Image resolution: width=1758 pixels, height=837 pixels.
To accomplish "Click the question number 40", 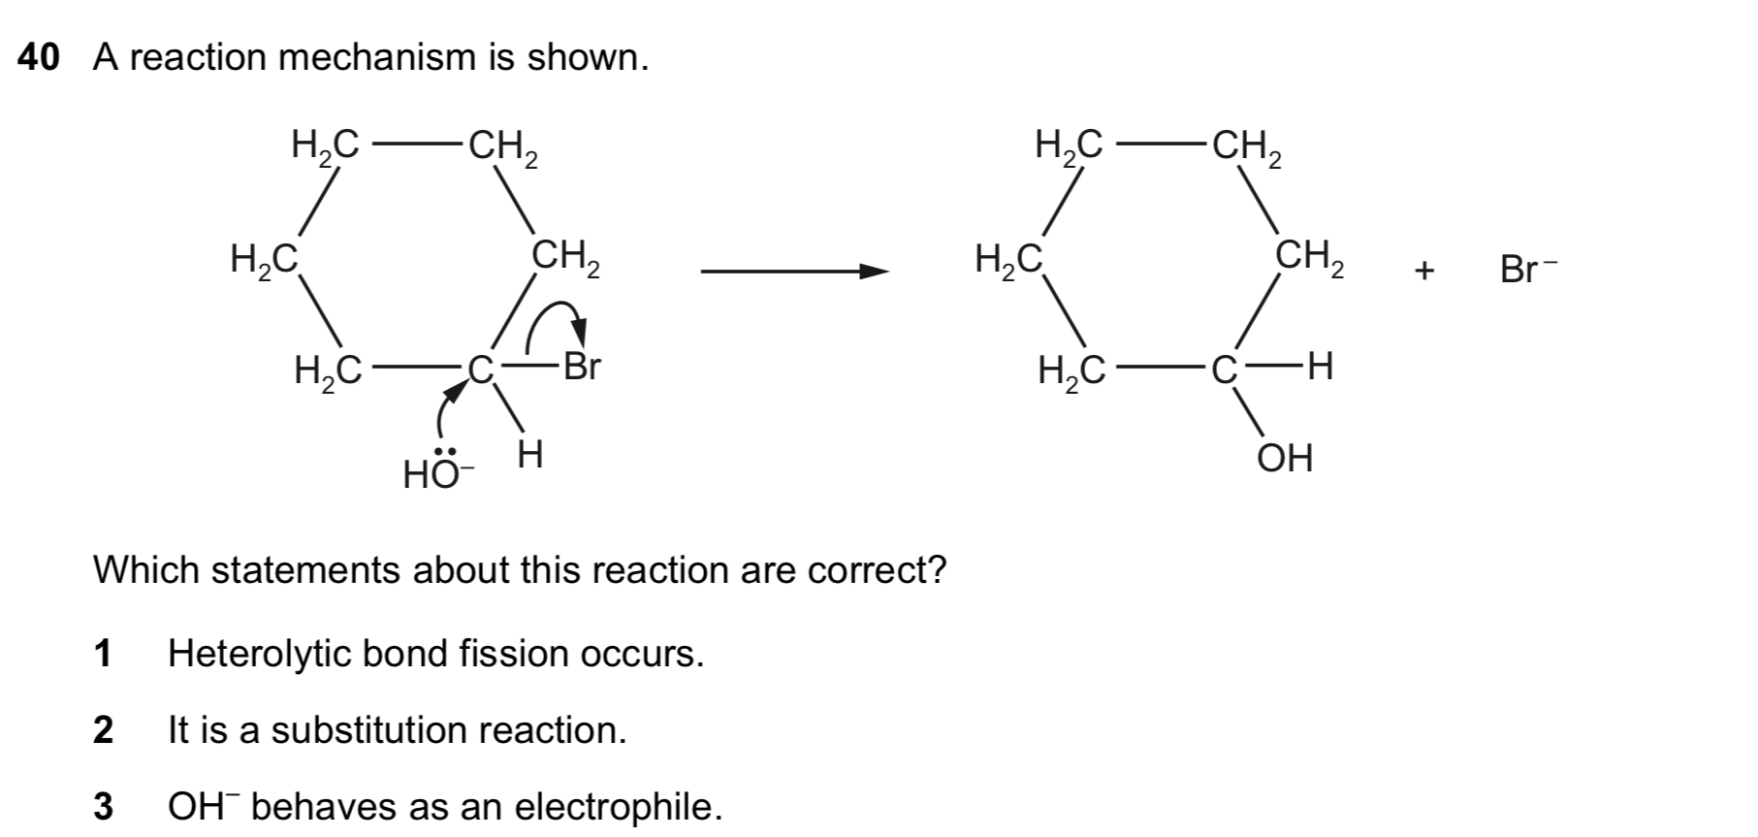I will (39, 58).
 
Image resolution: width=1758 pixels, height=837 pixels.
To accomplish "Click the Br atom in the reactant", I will (582, 367).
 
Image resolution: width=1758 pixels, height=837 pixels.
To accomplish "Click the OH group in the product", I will (1285, 458).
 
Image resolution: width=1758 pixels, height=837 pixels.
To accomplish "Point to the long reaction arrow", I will (795, 272).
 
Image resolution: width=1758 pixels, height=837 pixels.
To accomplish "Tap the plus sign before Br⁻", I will (1423, 271).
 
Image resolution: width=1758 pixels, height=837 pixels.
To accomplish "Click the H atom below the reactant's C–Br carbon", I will (529, 453).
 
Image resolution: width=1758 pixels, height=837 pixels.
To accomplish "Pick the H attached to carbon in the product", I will (1320, 367).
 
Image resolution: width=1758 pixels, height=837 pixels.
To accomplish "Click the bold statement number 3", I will (103, 806).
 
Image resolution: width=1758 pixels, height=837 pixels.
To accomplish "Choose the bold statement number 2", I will (103, 730).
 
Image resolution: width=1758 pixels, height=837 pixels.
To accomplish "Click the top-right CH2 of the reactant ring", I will (503, 148).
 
